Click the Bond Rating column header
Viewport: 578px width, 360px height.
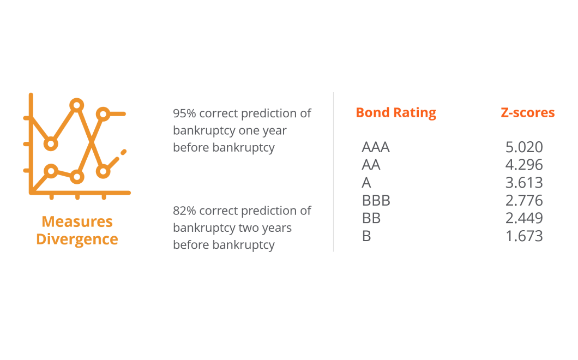[x=396, y=112]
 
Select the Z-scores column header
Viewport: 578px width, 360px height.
[x=527, y=112]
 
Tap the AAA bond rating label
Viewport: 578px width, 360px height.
[x=375, y=147]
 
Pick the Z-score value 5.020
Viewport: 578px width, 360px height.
[x=524, y=147]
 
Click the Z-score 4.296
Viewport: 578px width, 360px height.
[x=524, y=165]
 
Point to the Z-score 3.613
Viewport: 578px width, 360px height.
[x=524, y=183]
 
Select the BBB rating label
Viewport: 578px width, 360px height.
[x=376, y=201]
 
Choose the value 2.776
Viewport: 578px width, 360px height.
[x=524, y=201]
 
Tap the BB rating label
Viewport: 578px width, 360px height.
[x=371, y=218]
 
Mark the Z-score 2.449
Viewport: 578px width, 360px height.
[x=524, y=218]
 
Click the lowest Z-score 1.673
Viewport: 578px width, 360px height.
[x=524, y=236]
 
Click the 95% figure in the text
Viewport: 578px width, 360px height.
[x=184, y=113]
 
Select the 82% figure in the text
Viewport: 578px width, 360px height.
[x=184, y=211]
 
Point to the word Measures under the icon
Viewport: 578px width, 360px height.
[x=77, y=221]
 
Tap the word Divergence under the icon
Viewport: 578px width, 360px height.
[x=77, y=239]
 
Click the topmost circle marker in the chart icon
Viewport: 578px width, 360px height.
[x=77, y=105]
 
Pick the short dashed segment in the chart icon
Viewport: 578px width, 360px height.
[x=123, y=152]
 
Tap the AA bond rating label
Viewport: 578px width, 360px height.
[x=371, y=165]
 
